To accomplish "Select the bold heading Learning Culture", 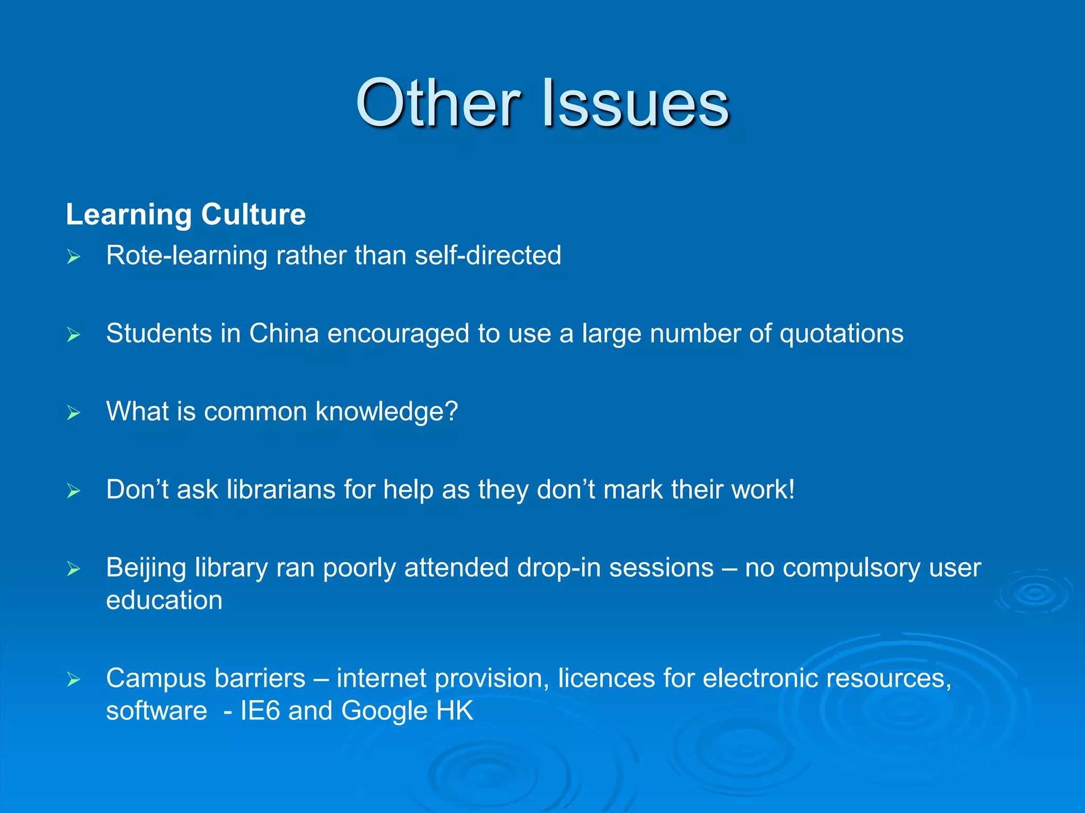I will coord(185,214).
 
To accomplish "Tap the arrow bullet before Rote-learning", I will coord(74,257).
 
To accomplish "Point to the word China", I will coord(284,333).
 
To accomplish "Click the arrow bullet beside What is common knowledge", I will coord(74,413).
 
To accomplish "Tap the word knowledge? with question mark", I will coord(387,412).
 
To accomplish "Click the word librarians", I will coord(281,489).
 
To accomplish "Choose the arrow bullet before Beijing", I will coord(74,569).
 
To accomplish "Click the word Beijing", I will coord(146,567).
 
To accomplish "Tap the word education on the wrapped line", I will coord(164,600).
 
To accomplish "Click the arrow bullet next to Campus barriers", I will coord(74,679).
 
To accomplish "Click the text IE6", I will coord(260,710).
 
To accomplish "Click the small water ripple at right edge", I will coord(1034,593).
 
